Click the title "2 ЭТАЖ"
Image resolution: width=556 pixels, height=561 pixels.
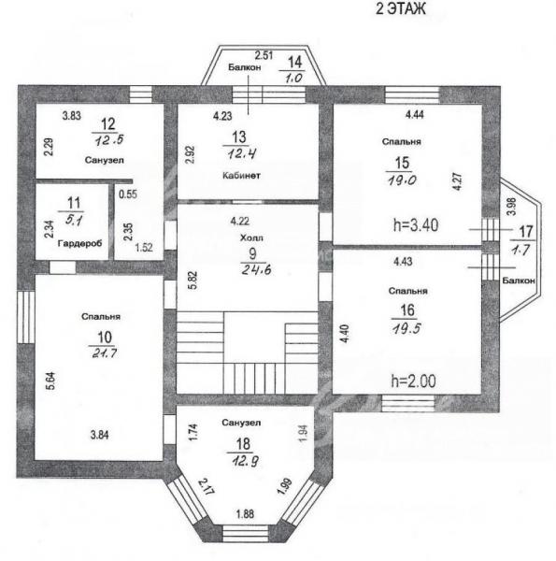401,8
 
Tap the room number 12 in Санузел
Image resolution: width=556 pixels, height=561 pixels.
108,124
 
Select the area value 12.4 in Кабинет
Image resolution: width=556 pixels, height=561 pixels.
242,154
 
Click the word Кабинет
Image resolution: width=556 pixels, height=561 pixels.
241,176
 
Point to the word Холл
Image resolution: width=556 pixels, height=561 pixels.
251,237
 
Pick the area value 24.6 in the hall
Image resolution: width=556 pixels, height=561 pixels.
256,269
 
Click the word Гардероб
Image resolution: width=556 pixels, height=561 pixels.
79,244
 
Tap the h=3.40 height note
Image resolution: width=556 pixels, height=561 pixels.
416,225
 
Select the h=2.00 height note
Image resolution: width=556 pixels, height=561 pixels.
414,381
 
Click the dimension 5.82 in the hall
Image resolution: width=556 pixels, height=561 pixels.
192,280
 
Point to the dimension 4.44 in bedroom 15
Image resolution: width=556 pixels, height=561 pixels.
414,114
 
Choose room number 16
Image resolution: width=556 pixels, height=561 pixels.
407,310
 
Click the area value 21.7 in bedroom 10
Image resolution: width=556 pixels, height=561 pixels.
105,353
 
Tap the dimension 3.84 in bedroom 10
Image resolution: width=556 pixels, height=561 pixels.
99,435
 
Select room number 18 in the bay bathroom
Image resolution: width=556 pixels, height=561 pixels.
243,444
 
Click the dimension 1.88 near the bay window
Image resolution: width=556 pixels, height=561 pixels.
245,514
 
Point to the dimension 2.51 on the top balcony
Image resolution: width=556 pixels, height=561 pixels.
264,55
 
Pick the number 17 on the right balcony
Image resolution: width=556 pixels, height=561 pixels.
525,232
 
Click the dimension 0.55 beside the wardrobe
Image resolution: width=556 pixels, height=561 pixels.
128,194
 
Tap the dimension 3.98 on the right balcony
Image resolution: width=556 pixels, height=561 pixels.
512,207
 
